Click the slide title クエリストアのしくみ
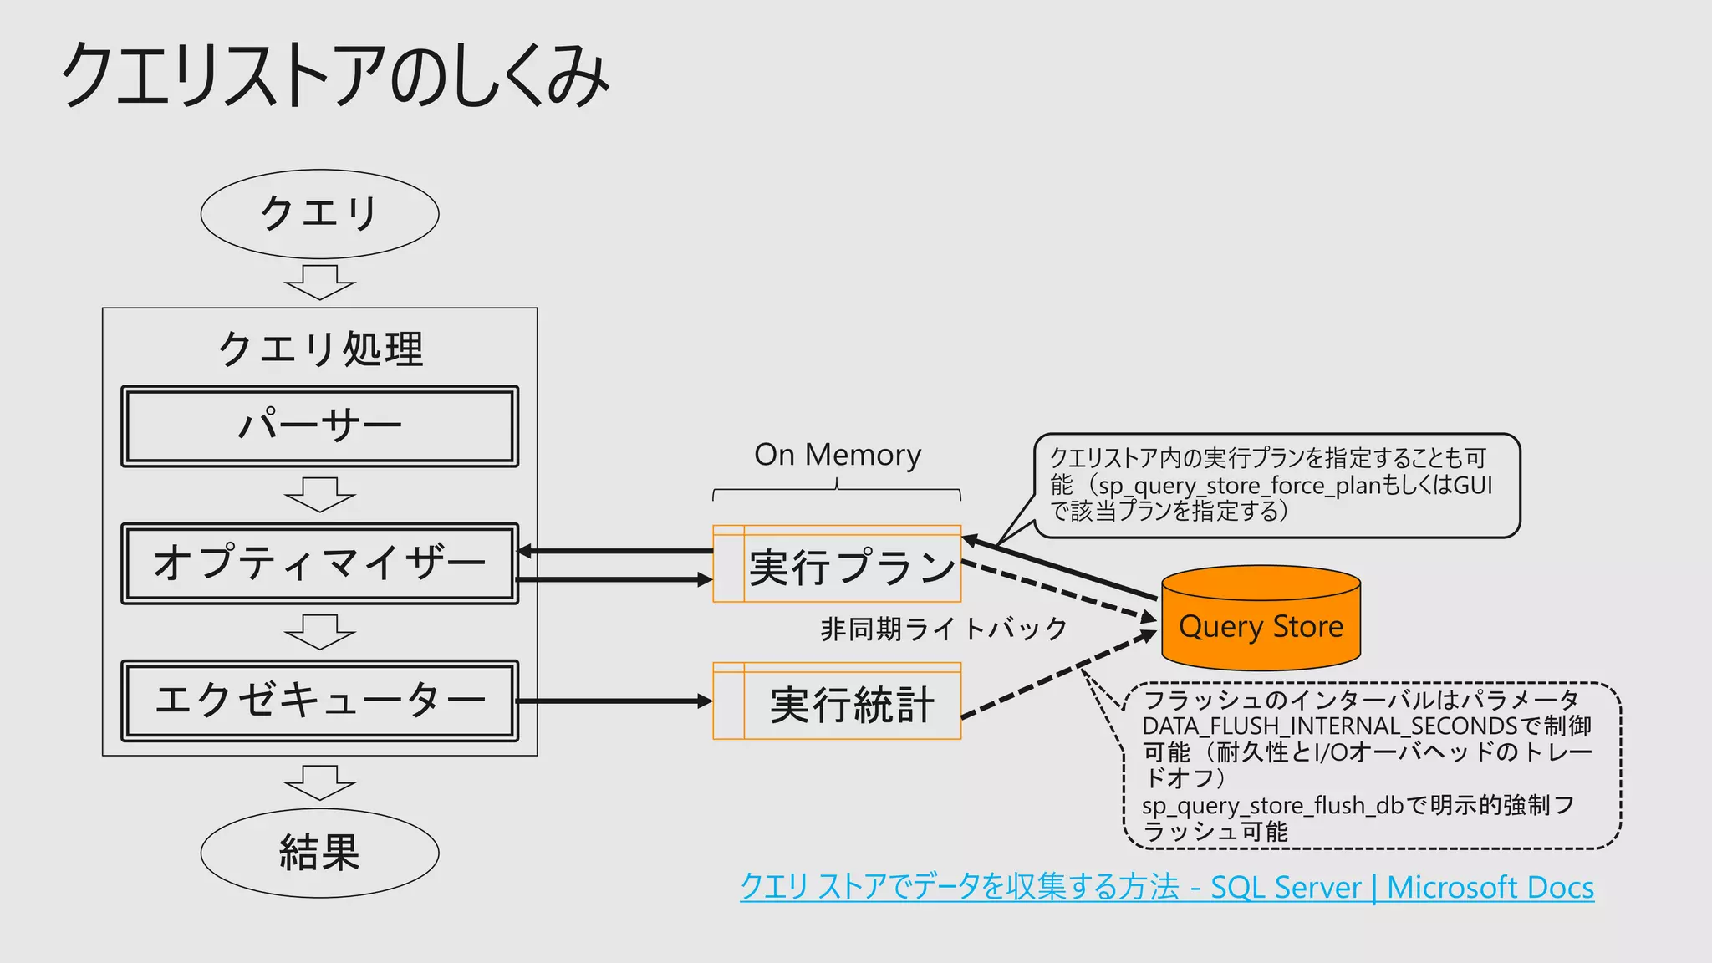334,75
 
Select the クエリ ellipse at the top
319,214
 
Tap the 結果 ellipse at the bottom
319,853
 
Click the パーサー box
319,426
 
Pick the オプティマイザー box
319,563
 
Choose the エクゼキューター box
319,701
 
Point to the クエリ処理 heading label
319,349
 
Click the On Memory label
837,455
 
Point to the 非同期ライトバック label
944,629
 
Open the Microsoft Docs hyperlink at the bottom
1166,887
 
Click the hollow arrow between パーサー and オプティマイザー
319,495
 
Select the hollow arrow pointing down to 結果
319,782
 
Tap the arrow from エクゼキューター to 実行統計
614,701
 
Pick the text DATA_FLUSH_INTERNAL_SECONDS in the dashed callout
1329,726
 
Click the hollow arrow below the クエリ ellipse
319,283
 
